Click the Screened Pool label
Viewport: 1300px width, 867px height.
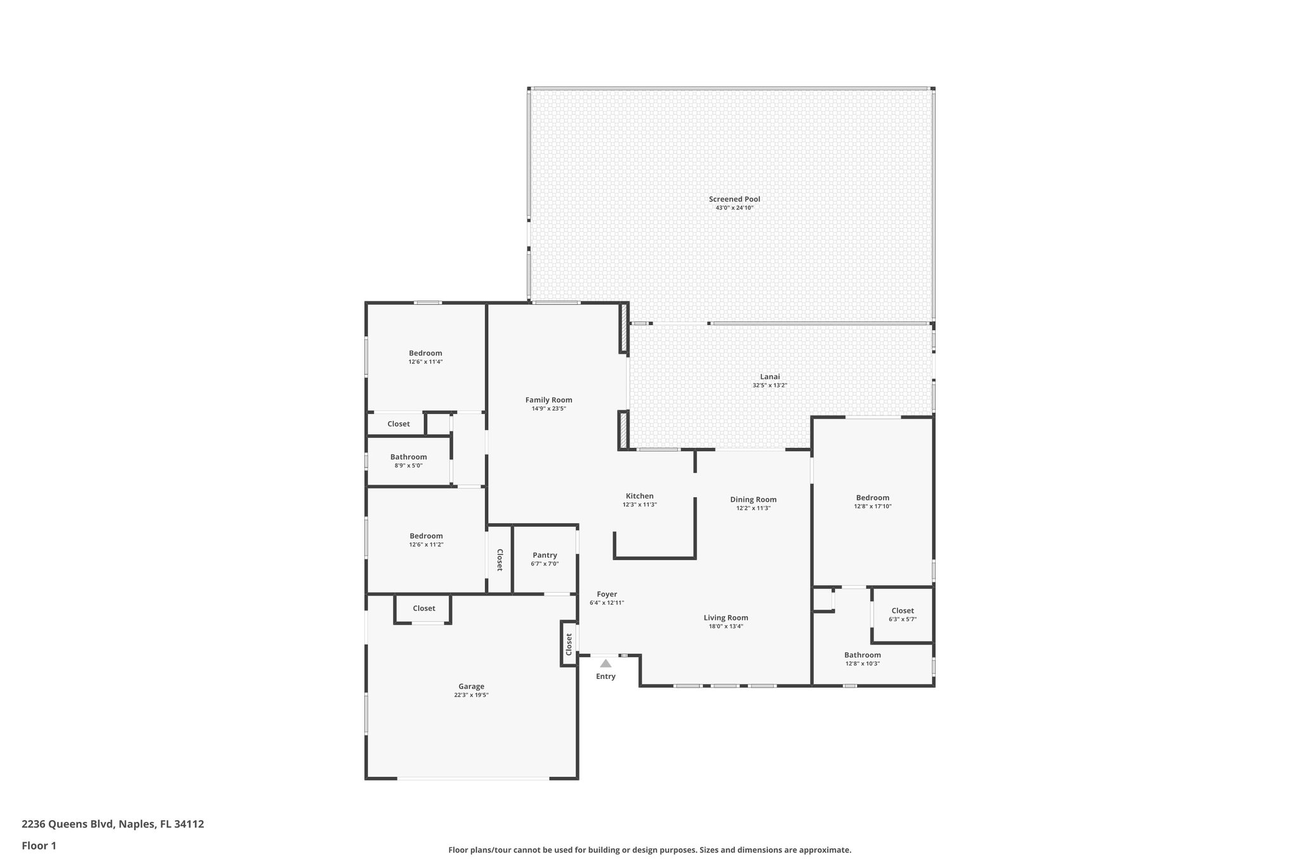pyautogui.click(x=734, y=199)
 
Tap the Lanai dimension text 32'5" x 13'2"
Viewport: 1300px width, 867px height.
pyautogui.click(x=770, y=386)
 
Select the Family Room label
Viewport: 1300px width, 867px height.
pyautogui.click(x=548, y=400)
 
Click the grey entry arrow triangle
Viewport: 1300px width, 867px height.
pyautogui.click(x=606, y=663)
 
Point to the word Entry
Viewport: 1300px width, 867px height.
pyautogui.click(x=606, y=676)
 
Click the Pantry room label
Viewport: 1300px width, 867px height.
pyautogui.click(x=545, y=555)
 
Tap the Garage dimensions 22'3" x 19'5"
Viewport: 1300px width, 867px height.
pyautogui.click(x=471, y=696)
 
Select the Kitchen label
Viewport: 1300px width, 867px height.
pyautogui.click(x=639, y=496)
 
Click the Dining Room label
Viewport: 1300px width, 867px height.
pyautogui.click(x=753, y=499)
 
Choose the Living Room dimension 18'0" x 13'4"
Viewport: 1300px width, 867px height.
pyautogui.click(x=726, y=626)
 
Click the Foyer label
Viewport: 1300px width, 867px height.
pyautogui.click(x=607, y=594)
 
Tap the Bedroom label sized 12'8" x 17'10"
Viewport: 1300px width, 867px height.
pyautogui.click(x=872, y=497)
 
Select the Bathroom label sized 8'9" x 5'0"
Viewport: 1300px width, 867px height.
pyautogui.click(x=408, y=457)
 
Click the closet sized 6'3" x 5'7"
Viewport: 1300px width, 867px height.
pyautogui.click(x=902, y=610)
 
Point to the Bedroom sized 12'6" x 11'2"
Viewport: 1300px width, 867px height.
pyautogui.click(x=426, y=535)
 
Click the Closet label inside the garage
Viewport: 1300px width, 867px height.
pyautogui.click(x=424, y=608)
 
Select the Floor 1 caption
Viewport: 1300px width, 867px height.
pyautogui.click(x=39, y=845)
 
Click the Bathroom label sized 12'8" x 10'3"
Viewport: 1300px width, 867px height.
pyautogui.click(x=862, y=655)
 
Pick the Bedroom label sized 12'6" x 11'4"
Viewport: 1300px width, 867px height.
pyautogui.click(x=425, y=353)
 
